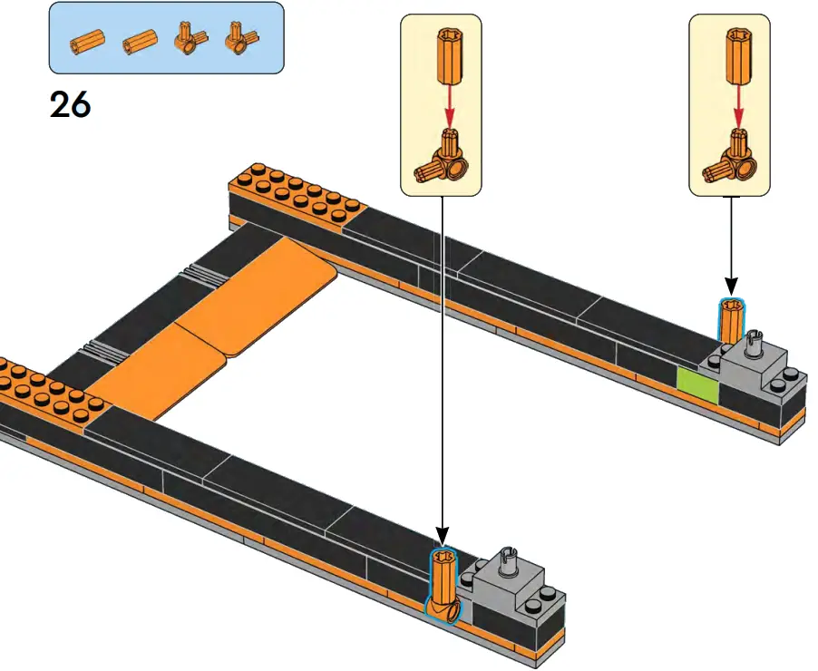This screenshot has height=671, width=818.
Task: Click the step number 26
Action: point(70,105)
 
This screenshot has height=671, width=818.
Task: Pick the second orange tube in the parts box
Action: point(140,40)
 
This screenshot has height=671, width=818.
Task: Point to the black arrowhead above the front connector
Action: point(443,538)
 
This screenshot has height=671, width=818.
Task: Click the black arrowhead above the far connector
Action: point(731,289)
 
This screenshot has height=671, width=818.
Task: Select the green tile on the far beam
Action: point(697,385)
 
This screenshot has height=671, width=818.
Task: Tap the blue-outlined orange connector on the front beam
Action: point(443,585)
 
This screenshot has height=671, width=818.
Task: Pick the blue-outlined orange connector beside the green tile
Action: point(731,322)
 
